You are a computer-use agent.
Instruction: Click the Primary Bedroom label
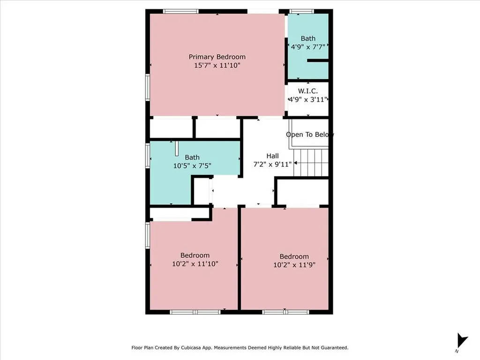(x=217, y=57)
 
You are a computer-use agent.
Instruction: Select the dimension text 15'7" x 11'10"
(x=217, y=66)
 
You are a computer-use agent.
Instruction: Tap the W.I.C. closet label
(x=308, y=90)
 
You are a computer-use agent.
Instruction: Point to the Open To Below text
(x=310, y=135)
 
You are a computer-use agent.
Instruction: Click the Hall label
(x=272, y=156)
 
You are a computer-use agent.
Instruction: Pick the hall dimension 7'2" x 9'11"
(x=272, y=164)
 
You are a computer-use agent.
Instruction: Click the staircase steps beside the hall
(x=311, y=162)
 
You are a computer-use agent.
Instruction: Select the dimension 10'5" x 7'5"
(x=192, y=165)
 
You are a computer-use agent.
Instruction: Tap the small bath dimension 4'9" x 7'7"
(x=308, y=47)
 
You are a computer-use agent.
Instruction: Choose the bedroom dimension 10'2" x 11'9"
(x=294, y=265)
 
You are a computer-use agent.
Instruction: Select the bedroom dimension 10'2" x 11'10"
(x=195, y=264)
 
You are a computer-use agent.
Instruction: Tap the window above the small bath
(x=301, y=11)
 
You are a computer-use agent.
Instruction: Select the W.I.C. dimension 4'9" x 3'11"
(x=308, y=99)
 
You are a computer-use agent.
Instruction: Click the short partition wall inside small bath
(x=317, y=60)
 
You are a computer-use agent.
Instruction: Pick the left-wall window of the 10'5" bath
(x=148, y=156)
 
